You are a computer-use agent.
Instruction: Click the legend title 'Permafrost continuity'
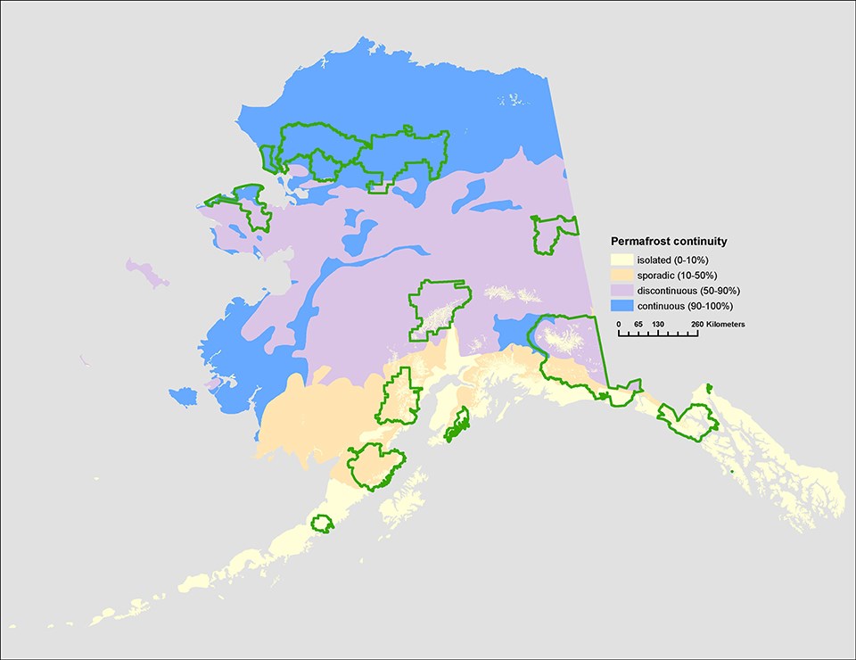669,242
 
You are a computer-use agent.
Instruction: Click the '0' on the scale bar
619,323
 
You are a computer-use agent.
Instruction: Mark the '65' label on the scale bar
638,323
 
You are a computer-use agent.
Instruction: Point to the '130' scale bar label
658,323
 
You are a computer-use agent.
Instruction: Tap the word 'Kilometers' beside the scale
727,323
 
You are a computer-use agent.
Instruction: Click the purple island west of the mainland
148,272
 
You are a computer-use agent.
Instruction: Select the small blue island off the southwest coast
183,396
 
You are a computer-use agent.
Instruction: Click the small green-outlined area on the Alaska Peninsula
322,524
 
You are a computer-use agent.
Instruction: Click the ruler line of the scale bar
658,335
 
